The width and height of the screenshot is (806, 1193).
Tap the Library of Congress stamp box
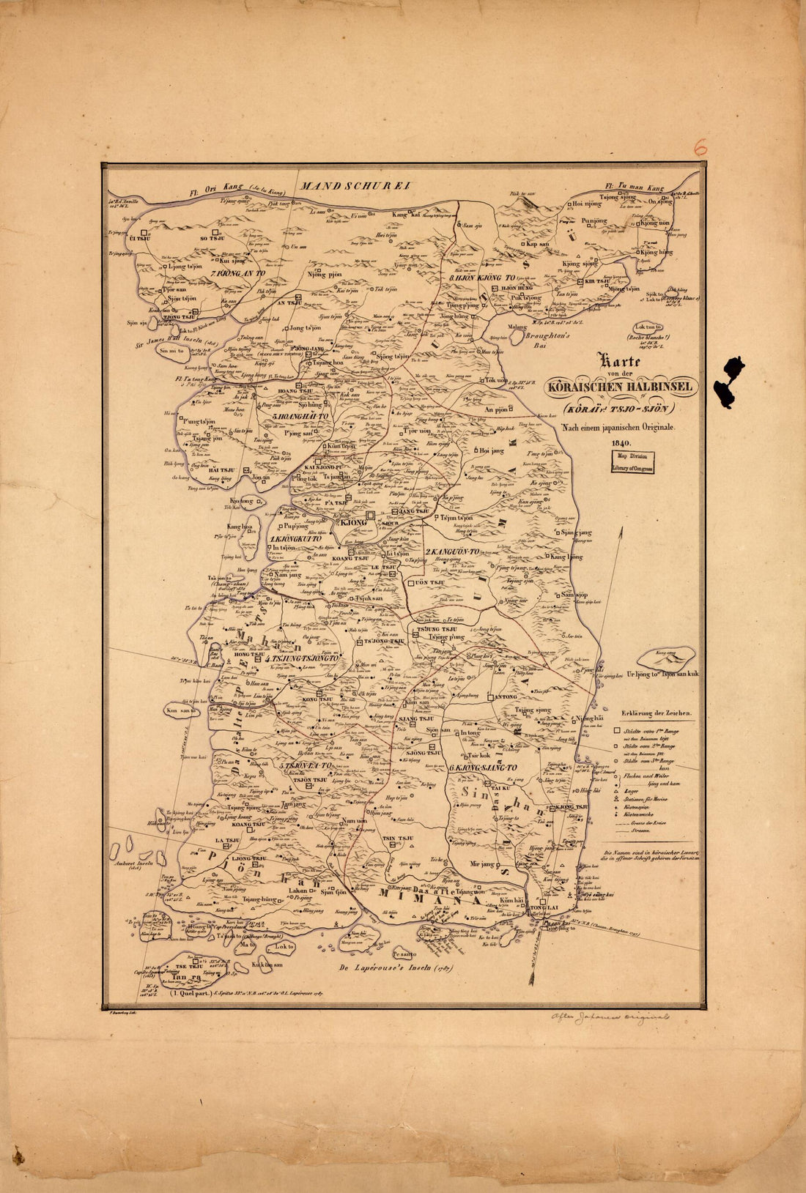point(634,462)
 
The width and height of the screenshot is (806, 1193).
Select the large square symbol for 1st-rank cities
point(628,730)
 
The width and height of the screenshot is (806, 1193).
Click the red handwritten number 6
point(700,147)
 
